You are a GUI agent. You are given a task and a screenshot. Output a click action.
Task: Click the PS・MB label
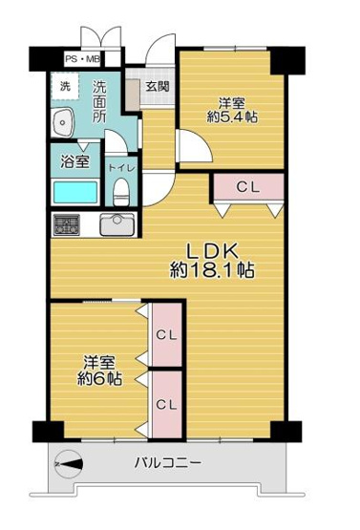coord(81,59)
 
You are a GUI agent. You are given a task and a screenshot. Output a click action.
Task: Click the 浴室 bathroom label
coord(75,160)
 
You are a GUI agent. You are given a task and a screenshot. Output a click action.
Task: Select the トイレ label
coord(120,167)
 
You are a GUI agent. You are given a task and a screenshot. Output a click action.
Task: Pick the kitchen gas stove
coord(68,225)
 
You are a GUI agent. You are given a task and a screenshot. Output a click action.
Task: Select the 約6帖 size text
coord(99,379)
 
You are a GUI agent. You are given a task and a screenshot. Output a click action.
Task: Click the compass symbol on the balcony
coord(70,465)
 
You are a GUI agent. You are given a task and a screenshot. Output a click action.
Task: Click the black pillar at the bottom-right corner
coord(278,431)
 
